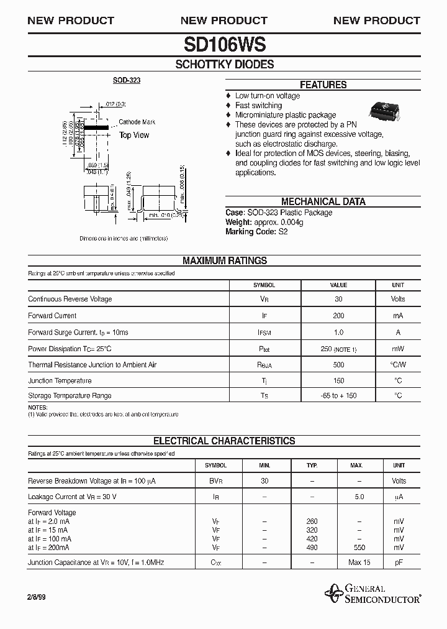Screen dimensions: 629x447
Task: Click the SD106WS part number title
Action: point(224,44)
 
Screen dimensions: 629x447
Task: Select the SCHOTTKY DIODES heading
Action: point(224,64)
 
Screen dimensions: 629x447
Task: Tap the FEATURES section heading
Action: point(323,85)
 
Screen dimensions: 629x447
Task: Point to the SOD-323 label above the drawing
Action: point(126,81)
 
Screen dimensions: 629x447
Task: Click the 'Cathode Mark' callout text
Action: point(137,122)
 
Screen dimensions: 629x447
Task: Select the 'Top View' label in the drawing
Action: point(134,135)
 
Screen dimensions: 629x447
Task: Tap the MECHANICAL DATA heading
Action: point(323,201)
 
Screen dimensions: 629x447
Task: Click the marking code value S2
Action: point(283,231)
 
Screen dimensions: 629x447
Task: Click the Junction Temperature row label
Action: point(60,380)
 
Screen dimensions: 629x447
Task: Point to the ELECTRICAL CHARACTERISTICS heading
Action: point(224,441)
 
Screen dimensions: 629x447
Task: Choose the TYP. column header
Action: point(312,465)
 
